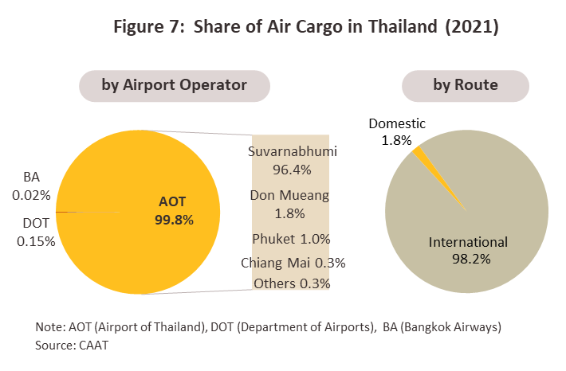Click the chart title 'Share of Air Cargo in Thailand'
click(x=315, y=27)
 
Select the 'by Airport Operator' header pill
click(x=175, y=86)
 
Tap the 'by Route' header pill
click(x=466, y=86)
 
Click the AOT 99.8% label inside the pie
click(x=174, y=210)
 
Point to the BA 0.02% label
click(x=31, y=186)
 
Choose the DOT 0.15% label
click(x=36, y=232)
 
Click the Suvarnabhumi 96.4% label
click(x=293, y=160)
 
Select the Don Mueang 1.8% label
click(x=289, y=204)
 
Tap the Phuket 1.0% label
click(x=291, y=239)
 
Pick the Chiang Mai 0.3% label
click(x=293, y=263)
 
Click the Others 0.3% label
click(x=292, y=283)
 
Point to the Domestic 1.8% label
click(x=397, y=131)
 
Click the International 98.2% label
click(x=468, y=250)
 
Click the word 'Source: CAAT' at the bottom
click(x=72, y=346)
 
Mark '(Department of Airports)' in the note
click(x=306, y=327)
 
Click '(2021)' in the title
click(x=472, y=27)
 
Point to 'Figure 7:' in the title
click(x=149, y=27)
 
